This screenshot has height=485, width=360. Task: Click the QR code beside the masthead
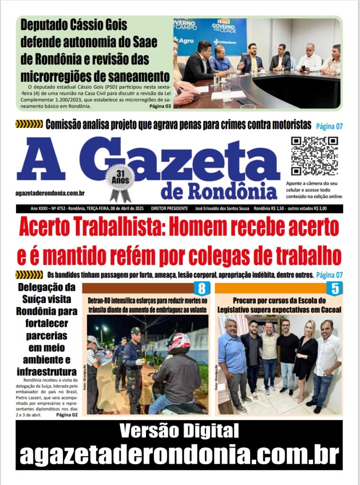[315, 156]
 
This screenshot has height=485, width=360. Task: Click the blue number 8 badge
[201, 288]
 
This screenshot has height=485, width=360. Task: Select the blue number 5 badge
[334, 288]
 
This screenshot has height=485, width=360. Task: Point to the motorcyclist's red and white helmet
[179, 343]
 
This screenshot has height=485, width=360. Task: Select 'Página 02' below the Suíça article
[67, 415]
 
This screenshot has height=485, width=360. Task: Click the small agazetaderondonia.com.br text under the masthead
[50, 192]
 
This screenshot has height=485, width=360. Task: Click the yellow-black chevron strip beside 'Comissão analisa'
[29, 125]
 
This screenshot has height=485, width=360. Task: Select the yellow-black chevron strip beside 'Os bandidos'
[29, 275]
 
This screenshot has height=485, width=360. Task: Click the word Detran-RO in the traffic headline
[103, 301]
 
